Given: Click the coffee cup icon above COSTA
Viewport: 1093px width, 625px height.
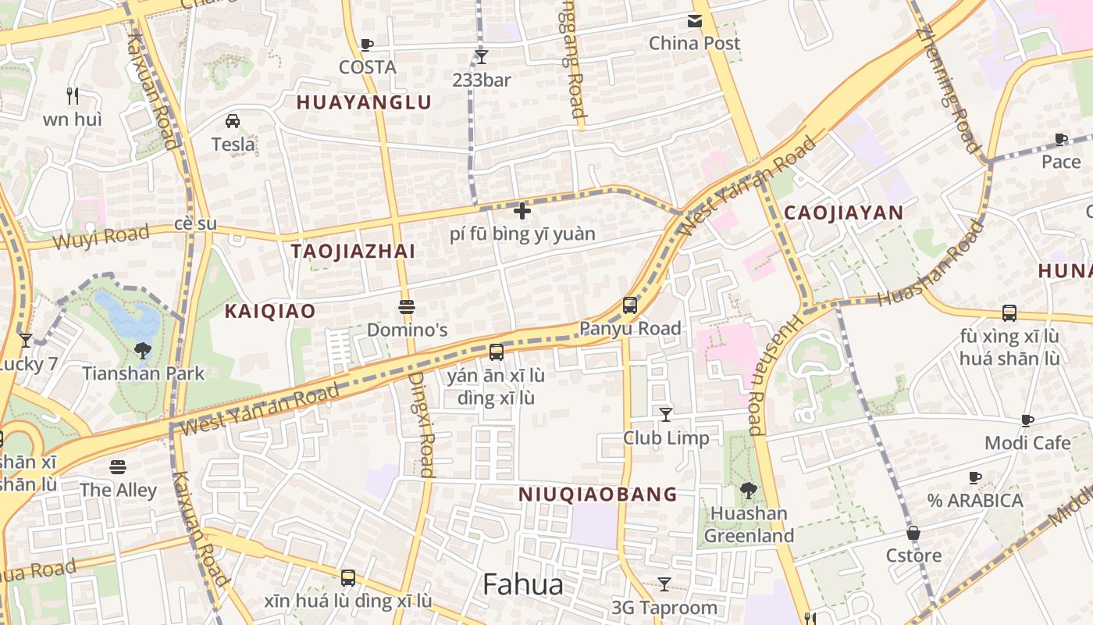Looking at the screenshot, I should pyautogui.click(x=367, y=45).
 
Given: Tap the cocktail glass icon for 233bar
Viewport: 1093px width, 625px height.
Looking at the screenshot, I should pyautogui.click(x=482, y=56).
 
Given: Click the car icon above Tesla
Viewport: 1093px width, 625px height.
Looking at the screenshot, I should pyautogui.click(x=233, y=120).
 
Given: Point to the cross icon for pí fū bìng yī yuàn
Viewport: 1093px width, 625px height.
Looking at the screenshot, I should pyautogui.click(x=522, y=210).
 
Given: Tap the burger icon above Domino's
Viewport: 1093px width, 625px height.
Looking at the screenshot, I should pyautogui.click(x=406, y=306).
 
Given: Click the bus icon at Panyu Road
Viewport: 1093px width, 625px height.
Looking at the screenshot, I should pyautogui.click(x=630, y=305).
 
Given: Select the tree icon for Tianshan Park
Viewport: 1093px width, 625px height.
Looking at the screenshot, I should pyautogui.click(x=142, y=350).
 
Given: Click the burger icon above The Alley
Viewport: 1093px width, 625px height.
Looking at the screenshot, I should pyautogui.click(x=118, y=467).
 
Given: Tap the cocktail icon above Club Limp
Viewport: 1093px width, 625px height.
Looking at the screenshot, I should pyautogui.click(x=665, y=414).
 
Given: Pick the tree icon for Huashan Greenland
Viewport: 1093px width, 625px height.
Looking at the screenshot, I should pyautogui.click(x=748, y=491).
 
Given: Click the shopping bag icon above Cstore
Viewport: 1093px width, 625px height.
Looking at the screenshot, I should pyautogui.click(x=913, y=533).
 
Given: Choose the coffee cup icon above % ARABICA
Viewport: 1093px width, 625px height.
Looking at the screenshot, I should pyautogui.click(x=974, y=477).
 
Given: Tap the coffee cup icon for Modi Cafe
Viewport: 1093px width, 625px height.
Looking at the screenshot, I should pyautogui.click(x=1027, y=420).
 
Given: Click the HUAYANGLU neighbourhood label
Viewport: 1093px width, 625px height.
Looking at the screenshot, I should pyautogui.click(x=364, y=102).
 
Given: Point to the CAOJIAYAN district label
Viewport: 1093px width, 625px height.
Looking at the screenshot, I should pyautogui.click(x=843, y=212).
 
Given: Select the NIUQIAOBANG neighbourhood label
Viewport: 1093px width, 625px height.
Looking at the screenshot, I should pyautogui.click(x=598, y=494).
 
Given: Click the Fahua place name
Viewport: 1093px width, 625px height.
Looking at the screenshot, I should pyautogui.click(x=522, y=584).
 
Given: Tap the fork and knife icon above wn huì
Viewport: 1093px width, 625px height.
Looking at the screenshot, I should pyautogui.click(x=73, y=96).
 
